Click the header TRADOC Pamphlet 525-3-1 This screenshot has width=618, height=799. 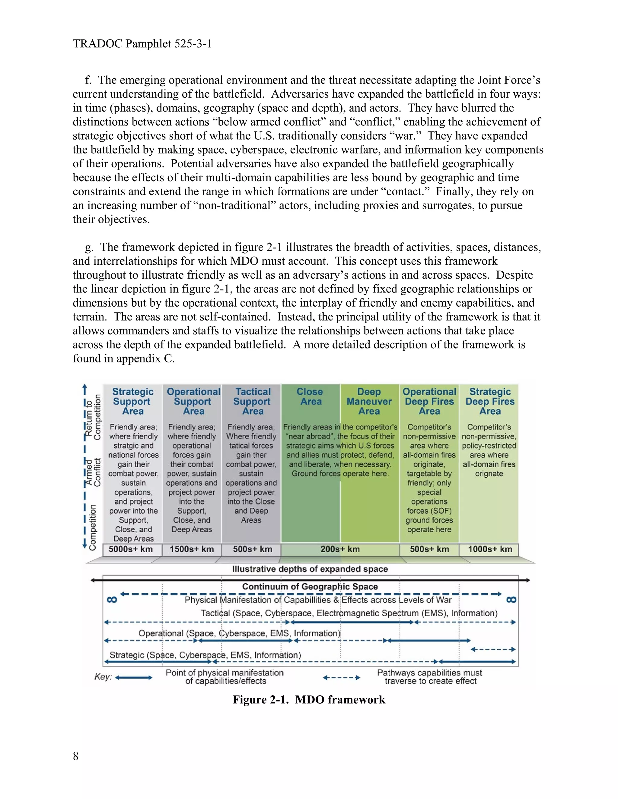(x=142, y=44)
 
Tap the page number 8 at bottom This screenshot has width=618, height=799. (x=76, y=756)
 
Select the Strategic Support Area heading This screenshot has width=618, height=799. (x=132, y=401)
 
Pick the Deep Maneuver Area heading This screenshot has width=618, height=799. (x=369, y=401)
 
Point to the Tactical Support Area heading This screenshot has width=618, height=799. (x=252, y=401)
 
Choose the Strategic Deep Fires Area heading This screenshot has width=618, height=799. (x=490, y=401)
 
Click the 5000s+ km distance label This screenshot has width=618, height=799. (x=131, y=549)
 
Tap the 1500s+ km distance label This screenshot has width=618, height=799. (x=192, y=549)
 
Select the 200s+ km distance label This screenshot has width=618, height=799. (x=340, y=549)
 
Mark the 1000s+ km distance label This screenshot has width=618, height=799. (x=490, y=549)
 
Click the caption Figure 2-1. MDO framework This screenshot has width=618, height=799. (x=309, y=700)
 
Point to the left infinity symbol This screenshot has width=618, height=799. (x=112, y=600)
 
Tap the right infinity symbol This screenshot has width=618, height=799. (x=511, y=600)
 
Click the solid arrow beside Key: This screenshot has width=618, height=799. (x=134, y=677)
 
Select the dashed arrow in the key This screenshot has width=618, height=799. (x=341, y=677)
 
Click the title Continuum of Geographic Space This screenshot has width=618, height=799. (x=310, y=586)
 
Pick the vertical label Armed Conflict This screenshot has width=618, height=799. (x=93, y=472)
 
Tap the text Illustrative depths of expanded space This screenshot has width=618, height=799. (x=310, y=569)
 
